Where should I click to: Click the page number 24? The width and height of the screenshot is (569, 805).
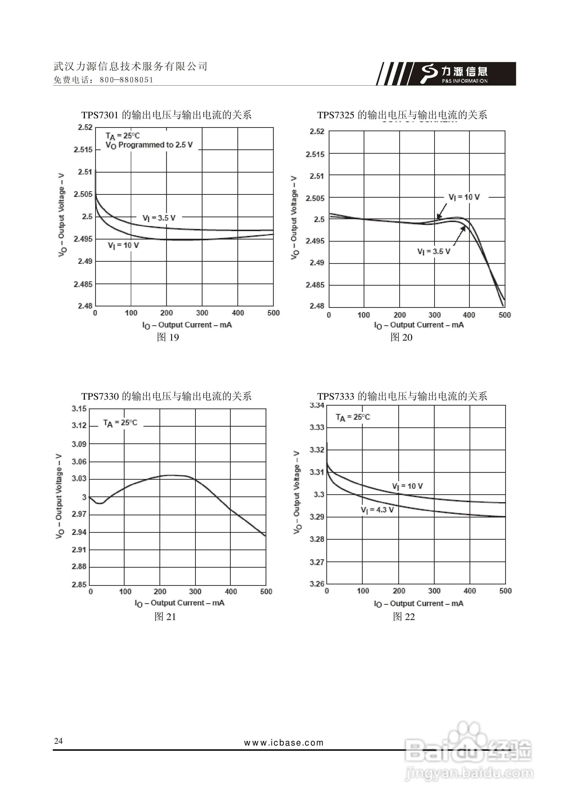58,740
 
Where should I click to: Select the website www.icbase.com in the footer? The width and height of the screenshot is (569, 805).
284,743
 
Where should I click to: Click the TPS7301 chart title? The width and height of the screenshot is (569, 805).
166,115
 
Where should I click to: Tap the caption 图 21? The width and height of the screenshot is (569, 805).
165,616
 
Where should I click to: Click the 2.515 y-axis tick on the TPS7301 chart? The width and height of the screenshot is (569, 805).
83,150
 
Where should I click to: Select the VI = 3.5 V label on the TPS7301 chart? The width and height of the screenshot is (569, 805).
159,218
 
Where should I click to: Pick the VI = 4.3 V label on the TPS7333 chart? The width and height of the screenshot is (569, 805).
377,510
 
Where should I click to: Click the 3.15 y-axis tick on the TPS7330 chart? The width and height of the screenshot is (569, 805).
79,408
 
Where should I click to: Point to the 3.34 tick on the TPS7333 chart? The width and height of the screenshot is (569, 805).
317,406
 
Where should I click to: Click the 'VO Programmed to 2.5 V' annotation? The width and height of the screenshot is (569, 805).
149,145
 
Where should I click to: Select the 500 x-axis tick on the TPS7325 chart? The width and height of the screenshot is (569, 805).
504,315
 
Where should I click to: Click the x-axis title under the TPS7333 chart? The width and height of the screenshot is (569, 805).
419,604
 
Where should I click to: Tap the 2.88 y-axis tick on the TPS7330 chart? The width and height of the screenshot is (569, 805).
79,567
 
